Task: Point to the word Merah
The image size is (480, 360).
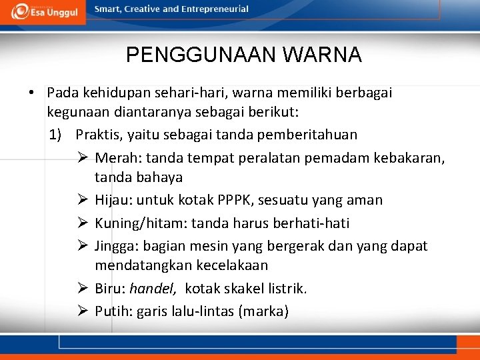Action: click(117, 158)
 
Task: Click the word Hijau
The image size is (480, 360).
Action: click(114, 200)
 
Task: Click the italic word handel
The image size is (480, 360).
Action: click(153, 289)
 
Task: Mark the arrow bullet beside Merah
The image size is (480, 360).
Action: click(83, 158)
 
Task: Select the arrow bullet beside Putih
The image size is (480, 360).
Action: click(83, 311)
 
